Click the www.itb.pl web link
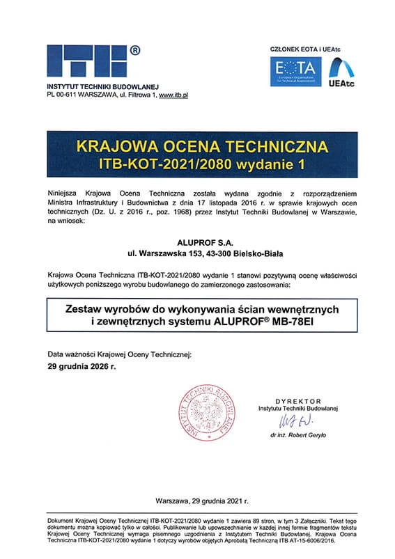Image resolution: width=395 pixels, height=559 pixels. pos(175,93)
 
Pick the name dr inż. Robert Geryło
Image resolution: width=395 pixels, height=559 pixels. pos(300,435)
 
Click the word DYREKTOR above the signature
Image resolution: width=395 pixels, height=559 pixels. pos(297,402)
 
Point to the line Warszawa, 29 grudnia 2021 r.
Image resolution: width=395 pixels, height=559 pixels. pos(198,501)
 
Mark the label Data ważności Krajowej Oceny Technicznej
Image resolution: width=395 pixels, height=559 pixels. pos(118,354)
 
